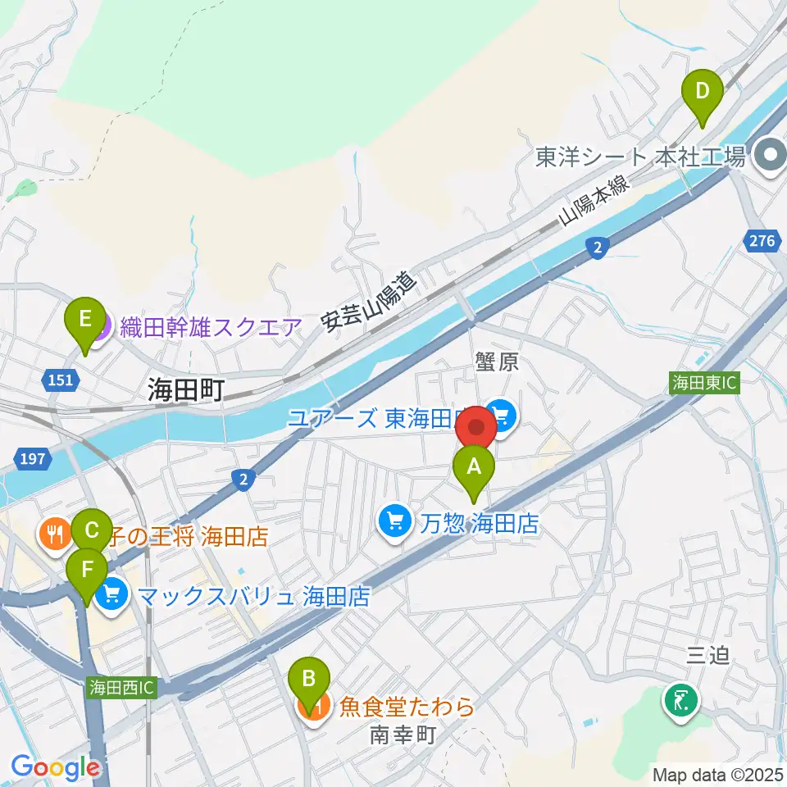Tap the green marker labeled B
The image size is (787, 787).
pyautogui.click(x=309, y=680)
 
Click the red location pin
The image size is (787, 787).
pyautogui.click(x=475, y=428)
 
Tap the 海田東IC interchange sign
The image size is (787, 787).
pyautogui.click(x=705, y=383)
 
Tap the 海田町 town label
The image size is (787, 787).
pyautogui.click(x=186, y=389)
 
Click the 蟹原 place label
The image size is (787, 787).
pyautogui.click(x=497, y=362)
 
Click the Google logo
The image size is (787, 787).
pyautogui.click(x=56, y=767)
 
